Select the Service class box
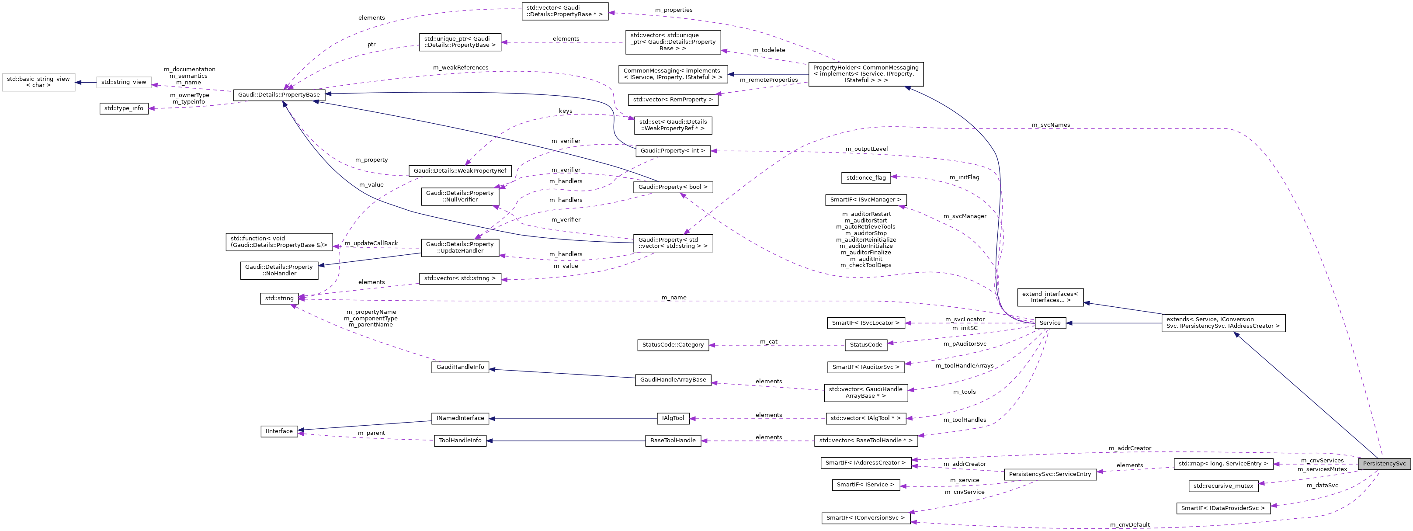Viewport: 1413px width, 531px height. coord(1050,323)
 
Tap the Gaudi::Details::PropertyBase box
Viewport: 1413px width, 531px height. coord(279,95)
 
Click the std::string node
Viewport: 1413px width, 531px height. coord(279,298)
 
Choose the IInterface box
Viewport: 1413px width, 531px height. coord(279,431)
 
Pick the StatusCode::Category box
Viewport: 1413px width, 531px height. coord(673,344)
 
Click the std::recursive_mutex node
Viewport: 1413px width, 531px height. coord(1222,486)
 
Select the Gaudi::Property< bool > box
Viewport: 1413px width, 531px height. coord(673,187)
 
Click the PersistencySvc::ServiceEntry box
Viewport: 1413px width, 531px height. coord(1050,474)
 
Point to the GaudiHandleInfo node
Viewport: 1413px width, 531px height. coord(460,367)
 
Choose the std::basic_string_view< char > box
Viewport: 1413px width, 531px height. coord(38,82)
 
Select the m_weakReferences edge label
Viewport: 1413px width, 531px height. coord(460,67)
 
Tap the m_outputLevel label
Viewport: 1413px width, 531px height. coord(866,149)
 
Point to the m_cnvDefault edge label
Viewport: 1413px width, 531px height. coord(1129,524)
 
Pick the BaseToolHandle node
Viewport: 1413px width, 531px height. coord(673,441)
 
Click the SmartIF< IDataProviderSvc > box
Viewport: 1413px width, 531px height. coord(1222,508)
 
